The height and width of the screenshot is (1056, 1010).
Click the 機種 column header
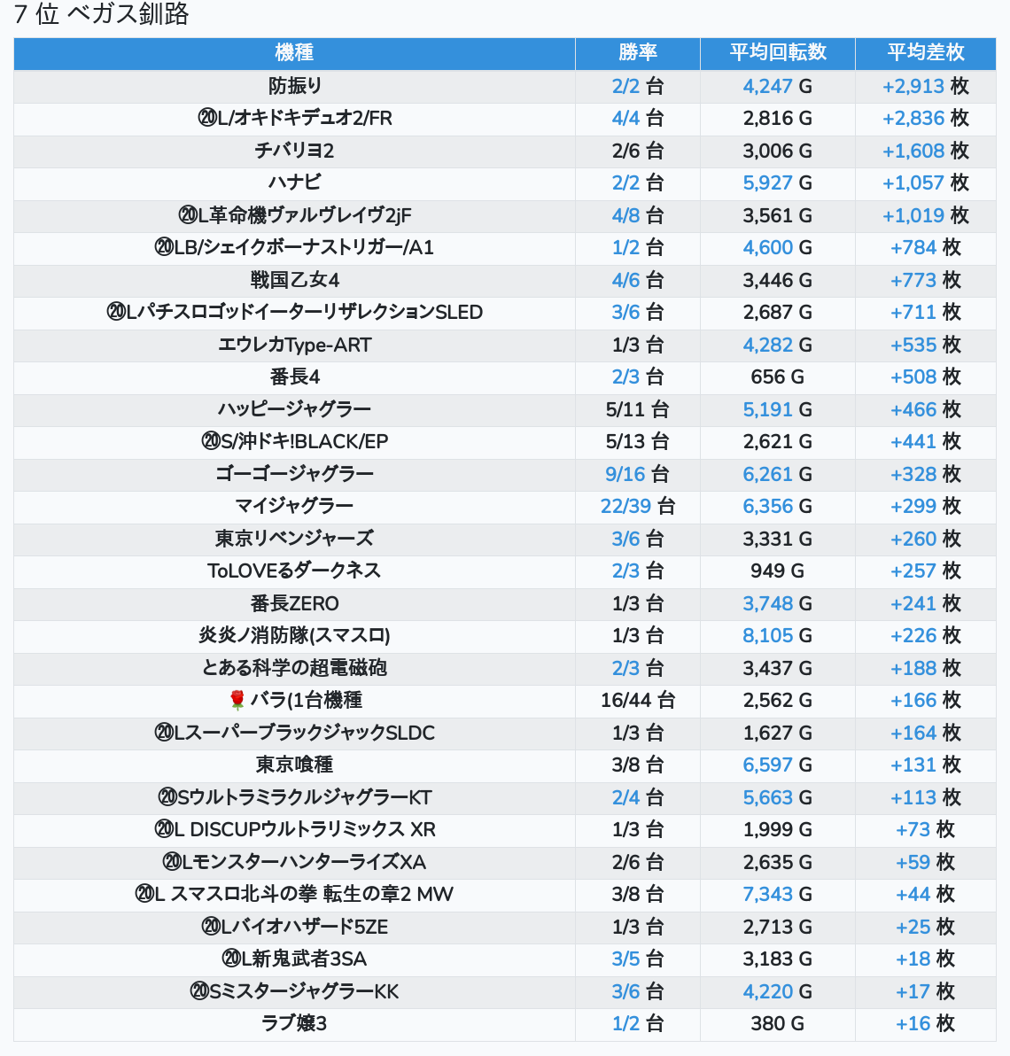click(x=294, y=53)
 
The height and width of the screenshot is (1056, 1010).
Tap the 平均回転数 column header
click(x=777, y=53)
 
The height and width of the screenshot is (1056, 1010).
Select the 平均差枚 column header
click(x=925, y=53)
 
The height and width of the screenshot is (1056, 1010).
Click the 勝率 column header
click(x=637, y=53)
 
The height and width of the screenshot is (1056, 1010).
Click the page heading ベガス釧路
click(x=128, y=14)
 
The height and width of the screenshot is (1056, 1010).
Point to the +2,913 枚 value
click(x=925, y=86)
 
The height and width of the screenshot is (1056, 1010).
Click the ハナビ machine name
click(x=294, y=182)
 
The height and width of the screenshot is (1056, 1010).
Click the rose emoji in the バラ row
click(x=237, y=701)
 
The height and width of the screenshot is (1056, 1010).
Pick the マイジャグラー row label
click(x=294, y=506)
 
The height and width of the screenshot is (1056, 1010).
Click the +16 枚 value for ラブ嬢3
click(x=925, y=1023)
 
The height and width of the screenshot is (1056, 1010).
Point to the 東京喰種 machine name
click(x=294, y=765)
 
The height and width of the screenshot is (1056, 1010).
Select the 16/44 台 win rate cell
click(x=637, y=700)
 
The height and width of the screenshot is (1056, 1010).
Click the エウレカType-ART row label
click(x=294, y=345)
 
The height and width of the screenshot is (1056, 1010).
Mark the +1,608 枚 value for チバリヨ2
click(x=925, y=151)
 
